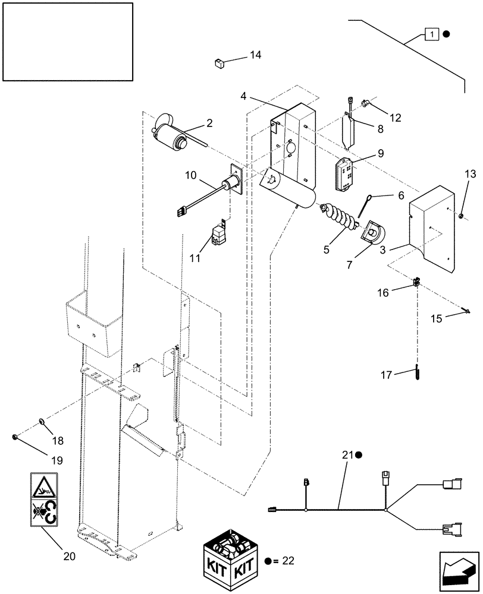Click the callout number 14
click(x=255, y=55)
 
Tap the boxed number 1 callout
click(x=431, y=34)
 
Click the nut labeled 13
click(x=462, y=214)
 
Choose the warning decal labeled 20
click(x=44, y=499)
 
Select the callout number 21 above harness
click(x=347, y=455)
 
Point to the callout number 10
click(x=190, y=175)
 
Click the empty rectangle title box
click(x=67, y=41)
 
